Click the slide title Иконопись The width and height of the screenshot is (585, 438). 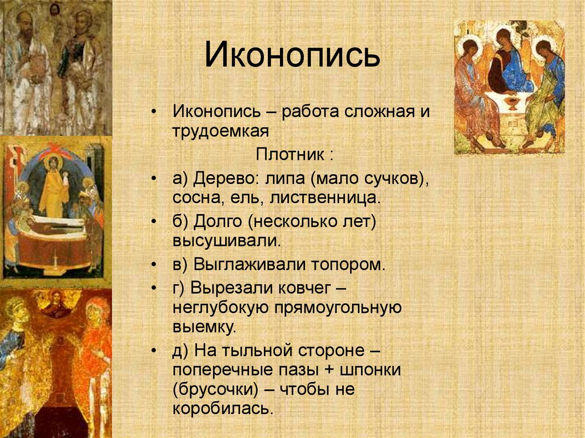point(292,55)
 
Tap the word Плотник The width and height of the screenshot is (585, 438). point(290,154)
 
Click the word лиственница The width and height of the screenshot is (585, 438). point(324,198)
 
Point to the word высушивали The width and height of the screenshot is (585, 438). point(226,241)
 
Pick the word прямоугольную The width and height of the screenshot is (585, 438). point(338,308)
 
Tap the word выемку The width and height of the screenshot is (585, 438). point(205,328)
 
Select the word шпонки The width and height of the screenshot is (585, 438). point(370,370)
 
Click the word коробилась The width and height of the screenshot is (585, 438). point(223,409)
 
